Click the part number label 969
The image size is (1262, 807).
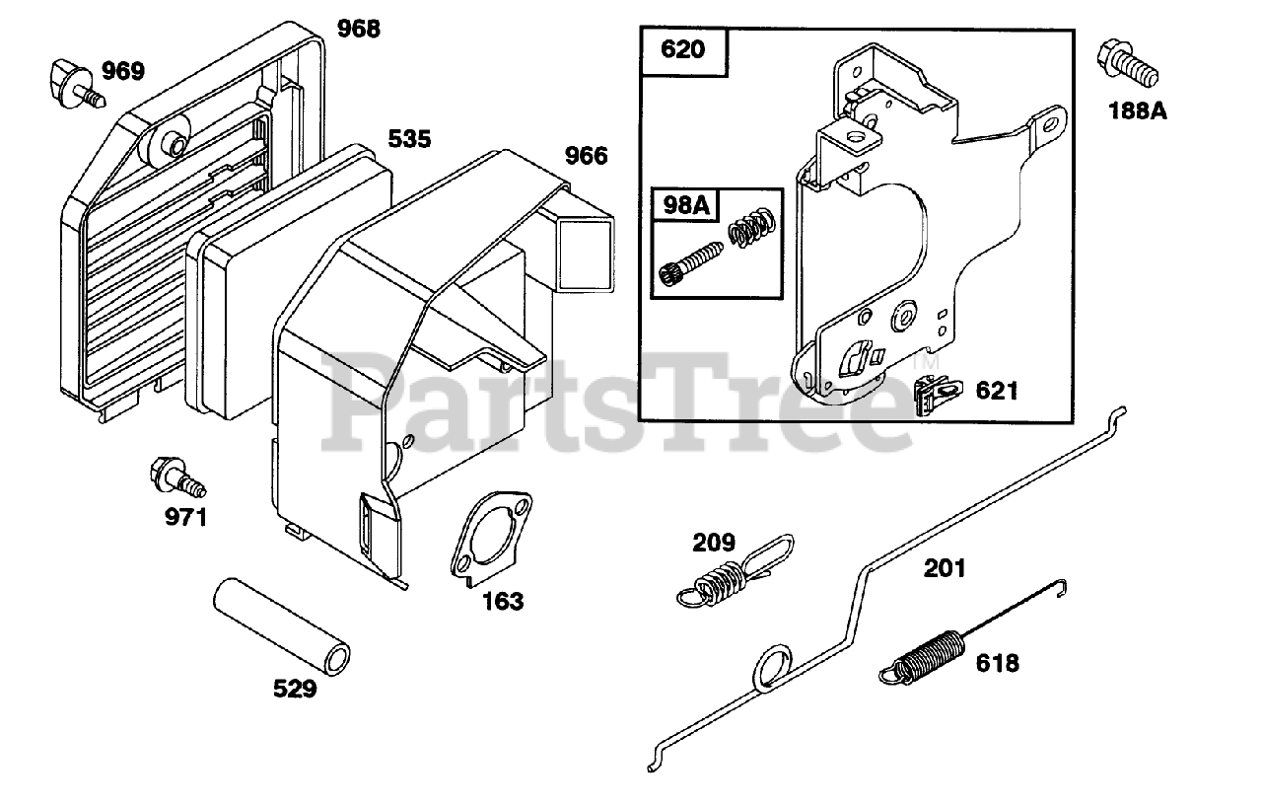pyautogui.click(x=123, y=71)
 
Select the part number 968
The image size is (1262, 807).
pyautogui.click(x=358, y=29)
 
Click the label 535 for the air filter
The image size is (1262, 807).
pyautogui.click(x=408, y=139)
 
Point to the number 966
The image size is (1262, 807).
pyautogui.click(x=586, y=155)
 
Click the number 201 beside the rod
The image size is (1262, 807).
pyautogui.click(x=945, y=568)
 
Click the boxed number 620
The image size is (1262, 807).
pyautogui.click(x=682, y=48)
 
